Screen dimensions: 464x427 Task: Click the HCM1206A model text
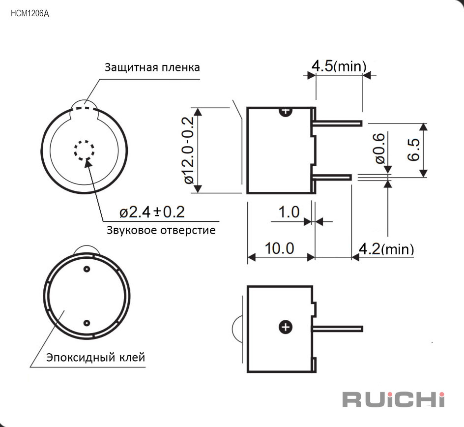pyautogui.click(x=29, y=14)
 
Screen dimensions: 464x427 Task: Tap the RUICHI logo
pyautogui.click(x=394, y=399)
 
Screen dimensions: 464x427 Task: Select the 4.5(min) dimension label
pyautogui.click(x=339, y=66)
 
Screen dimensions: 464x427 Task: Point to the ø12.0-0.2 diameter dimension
pyautogui.click(x=189, y=150)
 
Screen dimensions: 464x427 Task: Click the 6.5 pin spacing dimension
pyautogui.click(x=413, y=150)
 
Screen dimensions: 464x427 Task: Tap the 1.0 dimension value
pyautogui.click(x=289, y=212)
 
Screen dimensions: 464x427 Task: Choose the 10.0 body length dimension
pyautogui.click(x=279, y=248)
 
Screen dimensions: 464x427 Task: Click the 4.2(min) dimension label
pyautogui.click(x=386, y=249)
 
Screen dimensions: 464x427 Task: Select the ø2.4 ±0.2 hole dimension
pyautogui.click(x=152, y=212)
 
